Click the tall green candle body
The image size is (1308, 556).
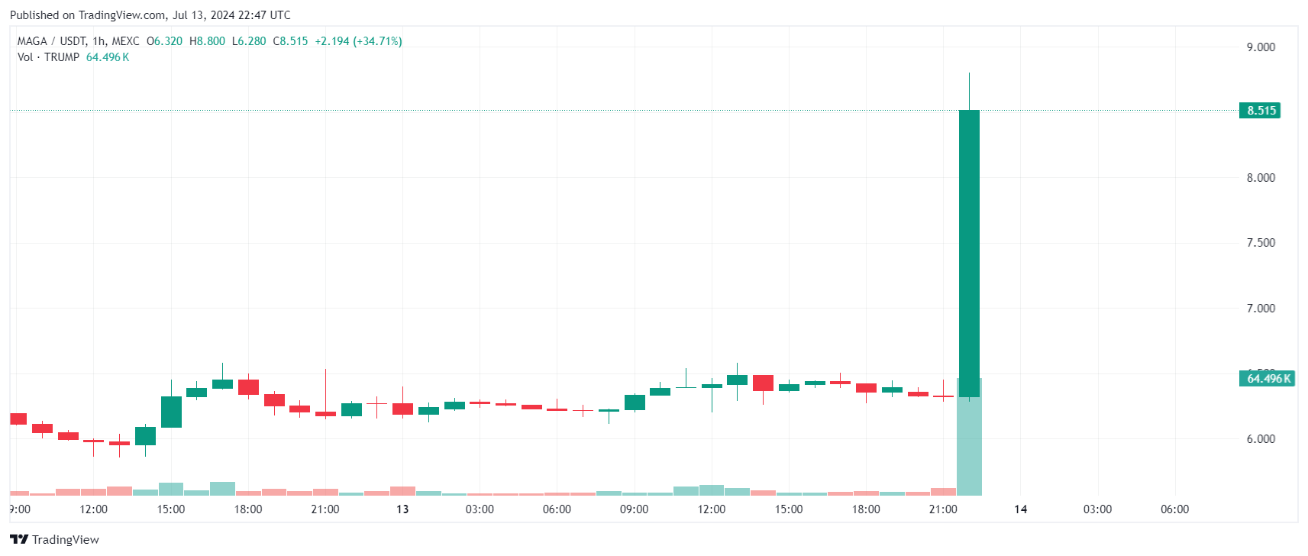[x=969, y=252]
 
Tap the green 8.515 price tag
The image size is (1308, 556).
[x=1261, y=111]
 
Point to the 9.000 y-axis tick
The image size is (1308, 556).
[x=1261, y=47]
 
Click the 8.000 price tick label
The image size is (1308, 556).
[x=1261, y=178]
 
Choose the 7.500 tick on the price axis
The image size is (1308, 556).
[x=1261, y=243]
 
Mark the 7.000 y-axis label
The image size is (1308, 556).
[x=1261, y=309]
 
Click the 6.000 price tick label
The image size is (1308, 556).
[x=1261, y=439]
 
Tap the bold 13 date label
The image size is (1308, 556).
[x=402, y=509]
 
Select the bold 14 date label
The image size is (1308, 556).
[x=1020, y=509]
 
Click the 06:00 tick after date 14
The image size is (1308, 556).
[x=1174, y=509]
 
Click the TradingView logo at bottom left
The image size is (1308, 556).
[x=55, y=539]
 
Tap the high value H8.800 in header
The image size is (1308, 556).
[x=208, y=41]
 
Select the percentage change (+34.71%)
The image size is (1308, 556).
[x=377, y=41]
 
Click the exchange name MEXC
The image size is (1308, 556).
[x=125, y=41]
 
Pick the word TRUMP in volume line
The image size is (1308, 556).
[x=62, y=57]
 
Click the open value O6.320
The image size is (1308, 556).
[x=165, y=41]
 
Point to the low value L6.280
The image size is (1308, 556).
[x=250, y=41]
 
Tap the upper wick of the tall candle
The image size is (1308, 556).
[x=969, y=91]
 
